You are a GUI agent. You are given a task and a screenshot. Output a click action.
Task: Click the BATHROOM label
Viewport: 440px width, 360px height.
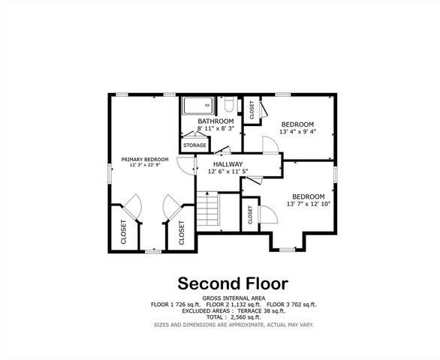pyautogui.click(x=215, y=121)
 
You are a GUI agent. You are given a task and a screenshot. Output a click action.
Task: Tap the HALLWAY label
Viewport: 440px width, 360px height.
pyautogui.click(x=228, y=164)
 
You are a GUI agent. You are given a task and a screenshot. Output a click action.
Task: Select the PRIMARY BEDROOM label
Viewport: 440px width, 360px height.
pyautogui.click(x=146, y=159)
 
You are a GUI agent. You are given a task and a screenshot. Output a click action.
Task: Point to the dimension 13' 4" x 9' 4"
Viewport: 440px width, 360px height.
pyautogui.click(x=297, y=132)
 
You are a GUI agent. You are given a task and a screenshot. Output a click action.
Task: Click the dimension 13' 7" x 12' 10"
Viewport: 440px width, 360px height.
pyautogui.click(x=309, y=204)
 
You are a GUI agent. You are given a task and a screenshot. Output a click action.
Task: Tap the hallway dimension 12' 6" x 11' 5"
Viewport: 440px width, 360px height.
pyautogui.click(x=228, y=172)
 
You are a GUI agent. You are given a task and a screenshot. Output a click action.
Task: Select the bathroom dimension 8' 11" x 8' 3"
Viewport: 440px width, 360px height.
pyautogui.click(x=215, y=129)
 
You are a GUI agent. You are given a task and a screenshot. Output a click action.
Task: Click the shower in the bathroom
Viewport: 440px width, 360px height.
pyautogui.click(x=199, y=106)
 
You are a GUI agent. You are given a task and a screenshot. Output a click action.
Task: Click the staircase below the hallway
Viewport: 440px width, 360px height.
pyautogui.click(x=208, y=211)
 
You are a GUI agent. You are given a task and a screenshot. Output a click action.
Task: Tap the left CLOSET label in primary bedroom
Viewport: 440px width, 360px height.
pyautogui.click(x=123, y=231)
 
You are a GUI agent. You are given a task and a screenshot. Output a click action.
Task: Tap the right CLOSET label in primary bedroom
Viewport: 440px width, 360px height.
pyautogui.click(x=182, y=233)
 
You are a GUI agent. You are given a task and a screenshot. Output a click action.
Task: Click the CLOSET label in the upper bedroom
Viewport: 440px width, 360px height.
pyautogui.click(x=252, y=111)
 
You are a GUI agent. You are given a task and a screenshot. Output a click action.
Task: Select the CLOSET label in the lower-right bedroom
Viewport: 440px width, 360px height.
pyautogui.click(x=250, y=214)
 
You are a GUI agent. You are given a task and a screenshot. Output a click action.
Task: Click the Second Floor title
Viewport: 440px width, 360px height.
pyautogui.click(x=233, y=283)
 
